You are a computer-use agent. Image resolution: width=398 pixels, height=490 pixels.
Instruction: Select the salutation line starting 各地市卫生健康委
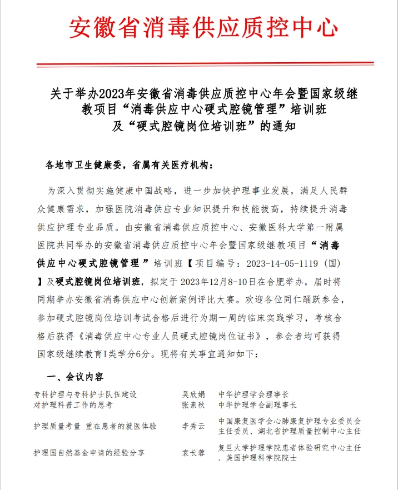[x=128, y=165]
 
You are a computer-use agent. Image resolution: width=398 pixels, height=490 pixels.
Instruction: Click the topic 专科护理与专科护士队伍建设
[x=85, y=394]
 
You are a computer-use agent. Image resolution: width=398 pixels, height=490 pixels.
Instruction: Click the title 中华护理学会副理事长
[x=258, y=404]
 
